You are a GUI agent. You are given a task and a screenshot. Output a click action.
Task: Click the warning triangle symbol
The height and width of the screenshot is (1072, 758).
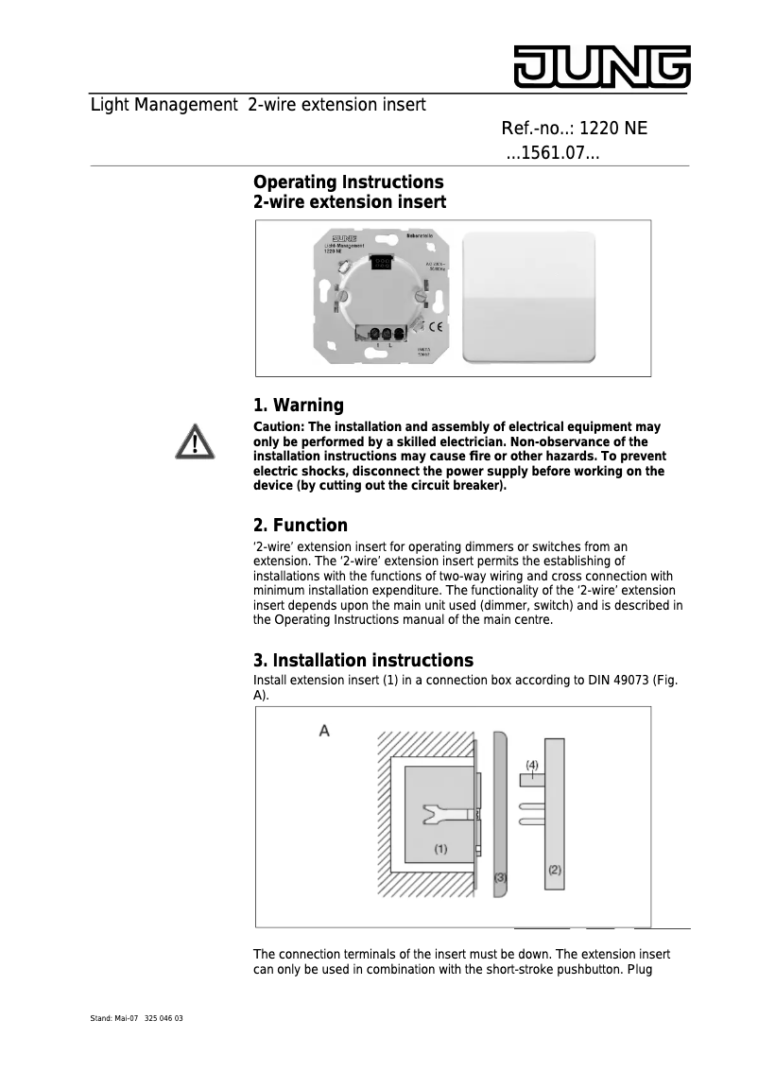[194, 442]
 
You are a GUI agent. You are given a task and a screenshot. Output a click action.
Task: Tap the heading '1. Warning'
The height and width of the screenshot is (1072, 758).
[299, 406]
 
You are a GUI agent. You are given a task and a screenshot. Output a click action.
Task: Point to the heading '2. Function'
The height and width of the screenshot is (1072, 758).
[301, 526]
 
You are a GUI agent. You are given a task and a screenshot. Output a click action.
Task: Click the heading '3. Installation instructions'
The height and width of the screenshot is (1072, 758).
[363, 660]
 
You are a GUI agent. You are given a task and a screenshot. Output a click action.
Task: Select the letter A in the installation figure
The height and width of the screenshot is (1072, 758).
[324, 731]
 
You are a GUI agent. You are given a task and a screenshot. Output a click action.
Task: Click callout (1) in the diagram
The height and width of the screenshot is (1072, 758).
[440, 849]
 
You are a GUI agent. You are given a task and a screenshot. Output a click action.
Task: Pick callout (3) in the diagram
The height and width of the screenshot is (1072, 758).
[501, 877]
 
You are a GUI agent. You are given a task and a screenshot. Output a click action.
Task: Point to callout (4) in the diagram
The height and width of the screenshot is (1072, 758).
[532, 764]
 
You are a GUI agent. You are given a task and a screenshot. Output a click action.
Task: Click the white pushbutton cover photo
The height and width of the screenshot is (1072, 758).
[528, 297]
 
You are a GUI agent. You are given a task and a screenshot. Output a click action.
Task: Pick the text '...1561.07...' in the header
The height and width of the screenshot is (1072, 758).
[553, 153]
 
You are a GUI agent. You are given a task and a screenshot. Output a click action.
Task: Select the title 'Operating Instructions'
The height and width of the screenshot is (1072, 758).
[348, 182]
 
